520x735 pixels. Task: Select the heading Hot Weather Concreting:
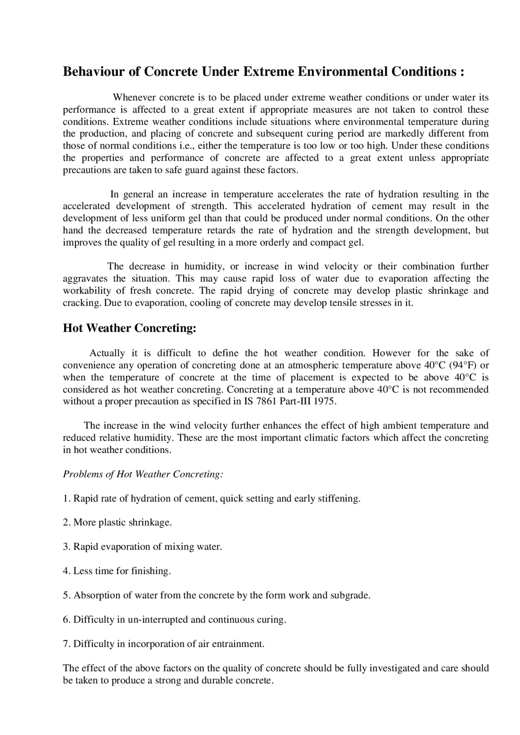point(130,328)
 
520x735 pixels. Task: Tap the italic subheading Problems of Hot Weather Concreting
point(143,474)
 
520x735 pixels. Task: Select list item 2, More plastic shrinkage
point(117,522)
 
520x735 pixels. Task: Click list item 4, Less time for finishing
point(117,571)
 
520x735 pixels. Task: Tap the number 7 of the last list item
point(65,644)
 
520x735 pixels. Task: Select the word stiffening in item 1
point(340,498)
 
